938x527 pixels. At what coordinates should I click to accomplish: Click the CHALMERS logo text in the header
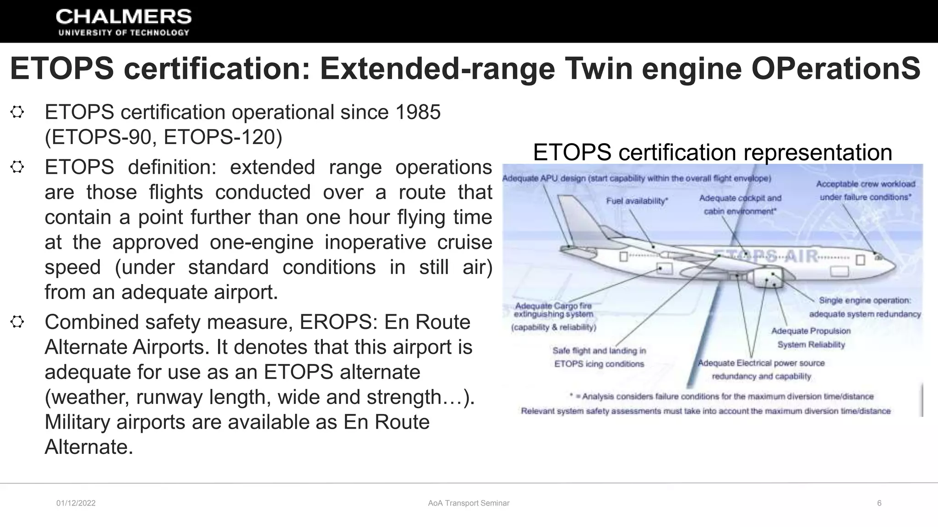tap(124, 17)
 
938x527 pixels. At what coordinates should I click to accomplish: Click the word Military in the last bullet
tap(77, 422)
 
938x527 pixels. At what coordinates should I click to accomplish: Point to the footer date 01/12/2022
tap(76, 503)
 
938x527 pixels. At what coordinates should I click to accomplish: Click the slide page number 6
tap(879, 503)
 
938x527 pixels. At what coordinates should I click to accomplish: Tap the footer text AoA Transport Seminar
tap(469, 503)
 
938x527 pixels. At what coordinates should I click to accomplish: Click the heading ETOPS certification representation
tap(712, 152)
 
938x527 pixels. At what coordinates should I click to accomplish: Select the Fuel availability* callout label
tap(637, 201)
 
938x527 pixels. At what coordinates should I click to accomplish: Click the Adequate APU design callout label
tap(637, 178)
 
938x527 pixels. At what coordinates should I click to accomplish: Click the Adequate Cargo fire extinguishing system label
tap(553, 310)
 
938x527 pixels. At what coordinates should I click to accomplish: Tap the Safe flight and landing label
tap(599, 351)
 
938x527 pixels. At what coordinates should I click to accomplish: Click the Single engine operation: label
tap(865, 301)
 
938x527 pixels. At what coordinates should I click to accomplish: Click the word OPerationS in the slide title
tap(836, 69)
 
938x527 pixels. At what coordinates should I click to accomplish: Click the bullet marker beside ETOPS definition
tap(17, 167)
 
